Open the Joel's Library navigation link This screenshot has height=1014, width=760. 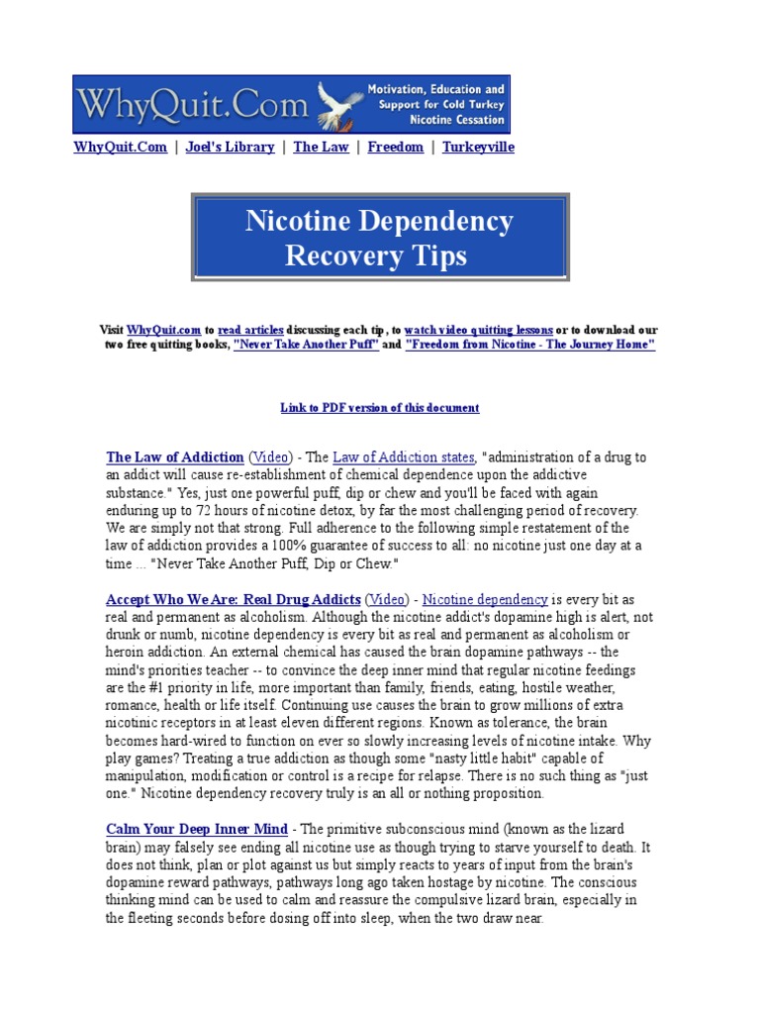[x=230, y=147]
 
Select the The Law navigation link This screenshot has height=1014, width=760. [x=321, y=147]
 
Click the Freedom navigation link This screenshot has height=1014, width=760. [x=395, y=147]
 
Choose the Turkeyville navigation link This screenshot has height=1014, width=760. [x=478, y=147]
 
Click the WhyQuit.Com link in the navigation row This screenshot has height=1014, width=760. [x=120, y=147]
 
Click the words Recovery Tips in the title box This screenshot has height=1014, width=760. [x=376, y=256]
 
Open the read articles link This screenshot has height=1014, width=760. [x=250, y=330]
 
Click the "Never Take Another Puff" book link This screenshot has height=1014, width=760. [x=306, y=345]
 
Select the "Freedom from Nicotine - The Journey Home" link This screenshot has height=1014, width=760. [x=529, y=345]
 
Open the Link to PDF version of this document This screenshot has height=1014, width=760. [x=380, y=408]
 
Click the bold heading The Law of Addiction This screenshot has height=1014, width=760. [x=174, y=457]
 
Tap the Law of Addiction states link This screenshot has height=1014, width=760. [x=404, y=457]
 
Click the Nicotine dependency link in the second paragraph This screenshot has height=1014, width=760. [x=485, y=599]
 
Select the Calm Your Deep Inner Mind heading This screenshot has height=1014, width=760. [x=197, y=829]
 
